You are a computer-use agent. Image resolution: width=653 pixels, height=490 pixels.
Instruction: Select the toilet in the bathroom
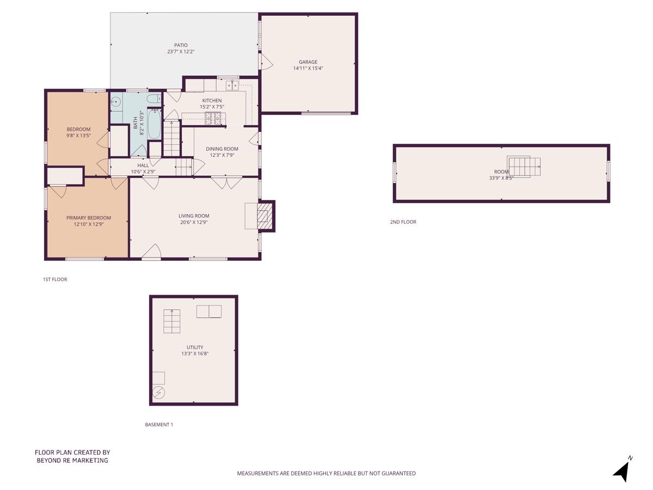pos(153,99)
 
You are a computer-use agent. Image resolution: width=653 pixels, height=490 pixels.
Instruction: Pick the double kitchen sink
pos(232,85)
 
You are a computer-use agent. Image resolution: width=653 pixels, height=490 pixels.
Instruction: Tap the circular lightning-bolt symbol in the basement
pos(159,391)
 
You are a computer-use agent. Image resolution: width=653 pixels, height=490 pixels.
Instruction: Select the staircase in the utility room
pos(172,321)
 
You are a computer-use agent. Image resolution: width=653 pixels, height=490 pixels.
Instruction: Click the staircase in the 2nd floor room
pos(524,166)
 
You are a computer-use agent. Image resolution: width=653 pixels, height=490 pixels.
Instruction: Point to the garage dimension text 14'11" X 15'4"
pos(307,69)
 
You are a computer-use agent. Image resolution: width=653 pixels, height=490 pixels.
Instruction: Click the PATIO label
pos(181,45)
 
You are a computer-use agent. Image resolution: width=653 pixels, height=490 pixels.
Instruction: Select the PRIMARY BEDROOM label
pos(88,218)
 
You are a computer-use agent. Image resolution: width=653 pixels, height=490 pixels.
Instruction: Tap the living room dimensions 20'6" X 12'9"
pos(194,222)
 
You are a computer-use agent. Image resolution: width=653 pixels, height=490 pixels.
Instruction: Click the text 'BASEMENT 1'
pos(159,425)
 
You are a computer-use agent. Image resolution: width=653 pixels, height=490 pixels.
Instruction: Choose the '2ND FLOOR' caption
pos(403,222)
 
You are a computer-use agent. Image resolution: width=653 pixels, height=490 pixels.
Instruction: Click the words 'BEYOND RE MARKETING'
pos(72,461)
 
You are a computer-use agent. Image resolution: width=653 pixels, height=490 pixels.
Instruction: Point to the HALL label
pos(143,166)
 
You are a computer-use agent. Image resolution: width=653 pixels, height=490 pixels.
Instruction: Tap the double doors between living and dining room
pos(227,182)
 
